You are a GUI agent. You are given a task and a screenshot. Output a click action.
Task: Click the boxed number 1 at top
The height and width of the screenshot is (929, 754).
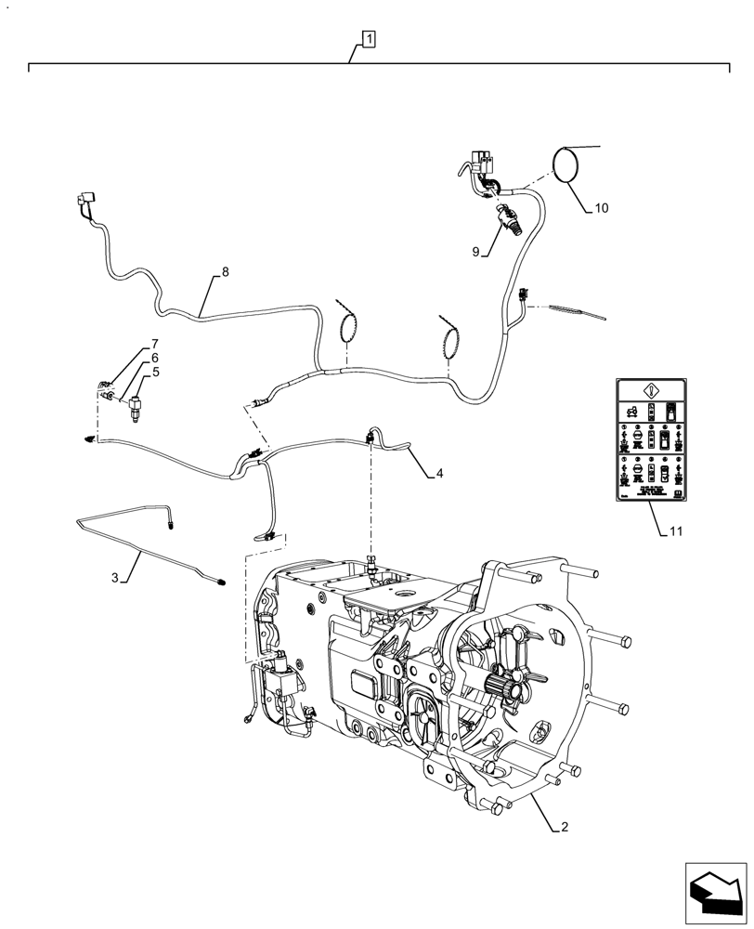tap(369, 39)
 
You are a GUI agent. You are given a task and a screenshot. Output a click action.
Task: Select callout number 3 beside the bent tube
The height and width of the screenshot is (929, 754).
tap(115, 578)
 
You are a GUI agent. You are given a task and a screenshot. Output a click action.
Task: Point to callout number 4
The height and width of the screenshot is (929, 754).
tap(438, 473)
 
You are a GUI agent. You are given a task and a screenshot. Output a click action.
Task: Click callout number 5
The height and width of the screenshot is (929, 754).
tap(155, 372)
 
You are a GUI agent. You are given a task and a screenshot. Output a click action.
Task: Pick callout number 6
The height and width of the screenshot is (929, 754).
tap(155, 358)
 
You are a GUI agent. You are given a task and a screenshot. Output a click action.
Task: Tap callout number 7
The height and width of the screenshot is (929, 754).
tap(155, 344)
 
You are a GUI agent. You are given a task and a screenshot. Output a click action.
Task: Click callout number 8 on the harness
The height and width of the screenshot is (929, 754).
tap(224, 273)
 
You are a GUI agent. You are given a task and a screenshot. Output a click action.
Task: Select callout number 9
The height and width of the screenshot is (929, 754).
tap(476, 251)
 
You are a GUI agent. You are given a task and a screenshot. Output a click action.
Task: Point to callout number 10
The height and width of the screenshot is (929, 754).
tap(601, 208)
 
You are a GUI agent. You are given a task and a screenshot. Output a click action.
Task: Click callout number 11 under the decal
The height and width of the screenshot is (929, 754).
tap(675, 531)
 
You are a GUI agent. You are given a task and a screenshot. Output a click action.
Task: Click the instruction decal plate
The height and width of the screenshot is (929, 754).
tap(650, 440)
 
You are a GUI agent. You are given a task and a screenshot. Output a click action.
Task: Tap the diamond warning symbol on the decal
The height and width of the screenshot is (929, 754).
tap(650, 391)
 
